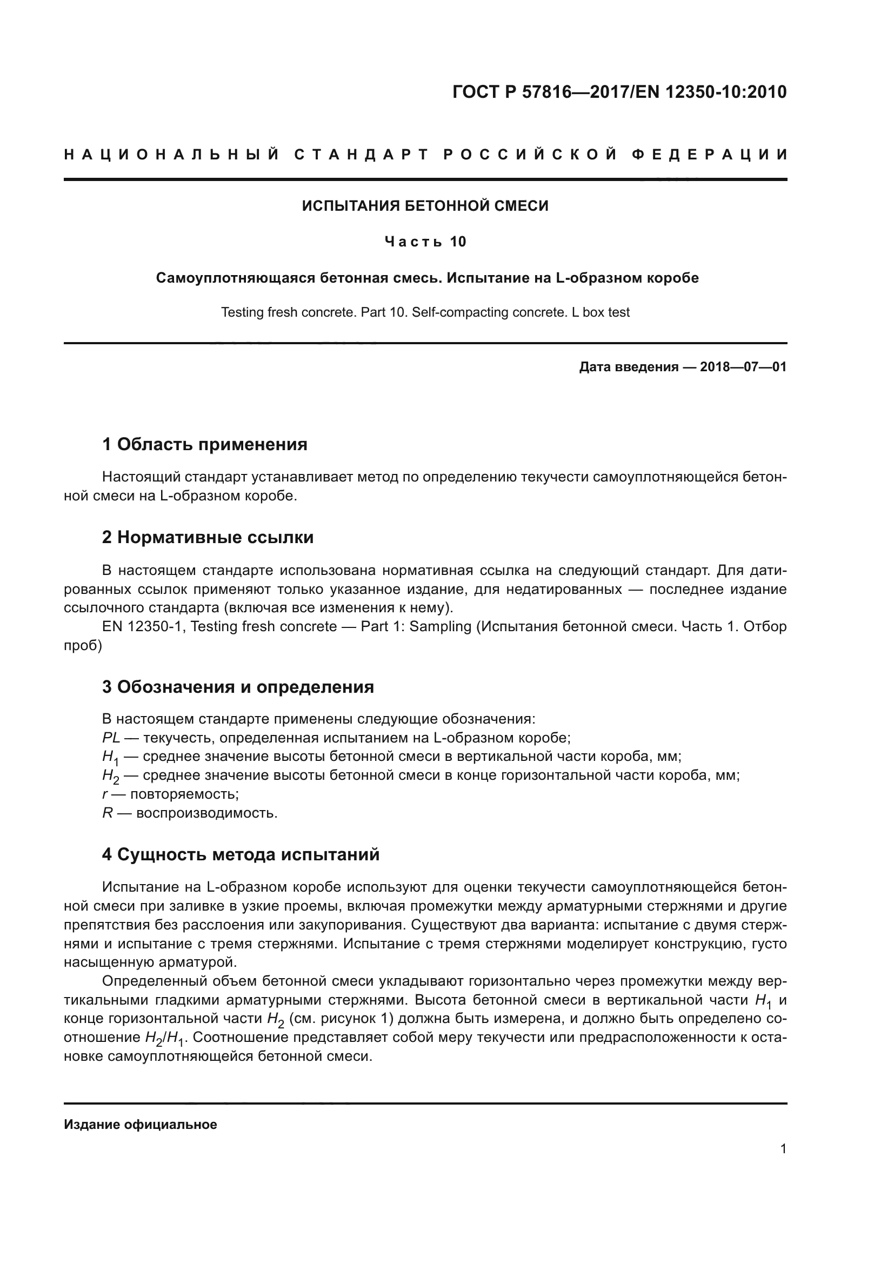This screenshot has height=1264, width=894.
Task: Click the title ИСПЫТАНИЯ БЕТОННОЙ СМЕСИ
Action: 425,206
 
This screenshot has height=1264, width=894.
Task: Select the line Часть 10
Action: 425,242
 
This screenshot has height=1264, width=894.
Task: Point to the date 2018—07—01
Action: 743,366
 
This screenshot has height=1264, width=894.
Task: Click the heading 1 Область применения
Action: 204,444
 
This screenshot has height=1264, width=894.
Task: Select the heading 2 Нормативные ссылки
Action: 208,537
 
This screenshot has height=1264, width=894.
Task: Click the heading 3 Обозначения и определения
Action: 238,686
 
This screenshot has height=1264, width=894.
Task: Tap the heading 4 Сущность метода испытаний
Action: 241,854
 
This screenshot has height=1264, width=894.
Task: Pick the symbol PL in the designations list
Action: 111,738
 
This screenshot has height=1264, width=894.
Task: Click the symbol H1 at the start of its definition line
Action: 110,758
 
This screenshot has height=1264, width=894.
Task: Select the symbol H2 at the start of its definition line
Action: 110,776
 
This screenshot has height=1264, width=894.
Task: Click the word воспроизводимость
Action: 206,813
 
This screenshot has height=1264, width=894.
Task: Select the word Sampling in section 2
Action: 441,626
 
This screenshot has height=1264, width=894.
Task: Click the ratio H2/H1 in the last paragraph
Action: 165,1038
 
